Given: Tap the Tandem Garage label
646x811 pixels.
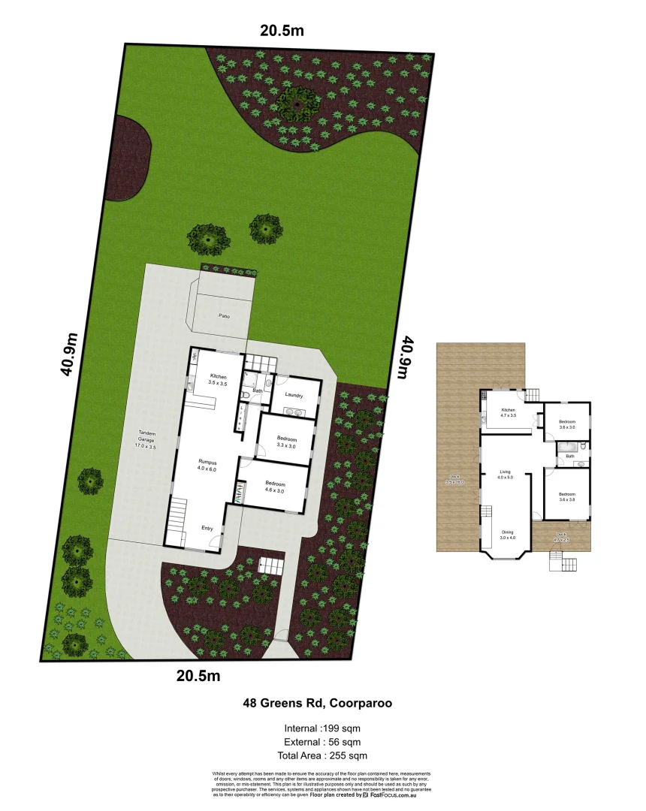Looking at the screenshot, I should [x=146, y=439].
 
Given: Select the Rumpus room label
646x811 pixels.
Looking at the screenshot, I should [x=207, y=464].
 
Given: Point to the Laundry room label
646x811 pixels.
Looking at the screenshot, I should [x=294, y=396].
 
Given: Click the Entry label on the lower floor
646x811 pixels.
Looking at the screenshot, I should [x=207, y=528].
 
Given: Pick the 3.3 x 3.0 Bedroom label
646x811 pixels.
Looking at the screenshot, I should [x=286, y=442].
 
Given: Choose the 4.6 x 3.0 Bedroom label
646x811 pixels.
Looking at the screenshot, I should [x=275, y=487].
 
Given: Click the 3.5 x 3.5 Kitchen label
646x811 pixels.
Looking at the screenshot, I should [x=218, y=380].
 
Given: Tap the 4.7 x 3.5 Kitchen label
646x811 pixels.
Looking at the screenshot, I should [x=507, y=412].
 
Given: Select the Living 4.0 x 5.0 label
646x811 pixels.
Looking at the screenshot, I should [x=506, y=476].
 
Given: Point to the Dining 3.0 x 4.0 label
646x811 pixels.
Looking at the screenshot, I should [x=509, y=534].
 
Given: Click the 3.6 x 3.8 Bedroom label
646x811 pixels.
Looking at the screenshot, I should [x=566, y=496].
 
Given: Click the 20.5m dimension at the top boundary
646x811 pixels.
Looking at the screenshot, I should [x=282, y=31].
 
